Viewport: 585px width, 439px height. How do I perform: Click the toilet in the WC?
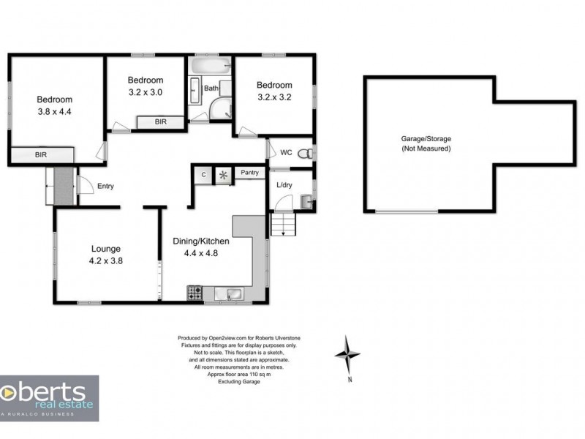coord(306,153)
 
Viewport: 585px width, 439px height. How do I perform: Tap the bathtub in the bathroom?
coord(210,66)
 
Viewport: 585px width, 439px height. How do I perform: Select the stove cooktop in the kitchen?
coord(195,293)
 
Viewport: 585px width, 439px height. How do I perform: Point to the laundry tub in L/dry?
coord(307,202)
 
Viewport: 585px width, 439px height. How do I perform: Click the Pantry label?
coord(249,173)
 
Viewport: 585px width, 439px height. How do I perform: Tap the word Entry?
coord(105,186)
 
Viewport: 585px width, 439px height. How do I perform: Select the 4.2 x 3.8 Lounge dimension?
coord(106,261)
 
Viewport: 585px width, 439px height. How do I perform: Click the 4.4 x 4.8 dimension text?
coord(200,253)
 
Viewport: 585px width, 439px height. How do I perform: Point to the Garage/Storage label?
coord(426,139)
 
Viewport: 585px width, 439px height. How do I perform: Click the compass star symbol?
coord(347,354)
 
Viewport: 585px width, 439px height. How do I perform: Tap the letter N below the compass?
coord(350,380)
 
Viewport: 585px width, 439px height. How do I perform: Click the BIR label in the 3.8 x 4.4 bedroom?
coord(41,154)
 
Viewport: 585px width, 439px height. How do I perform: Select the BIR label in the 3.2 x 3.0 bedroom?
coord(161,121)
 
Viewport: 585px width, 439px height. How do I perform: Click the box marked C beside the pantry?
coord(203,175)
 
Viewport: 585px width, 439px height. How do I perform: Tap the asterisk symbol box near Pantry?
coord(224,175)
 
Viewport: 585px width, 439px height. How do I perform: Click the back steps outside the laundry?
coord(283,224)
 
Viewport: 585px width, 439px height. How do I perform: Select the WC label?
coord(286,152)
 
